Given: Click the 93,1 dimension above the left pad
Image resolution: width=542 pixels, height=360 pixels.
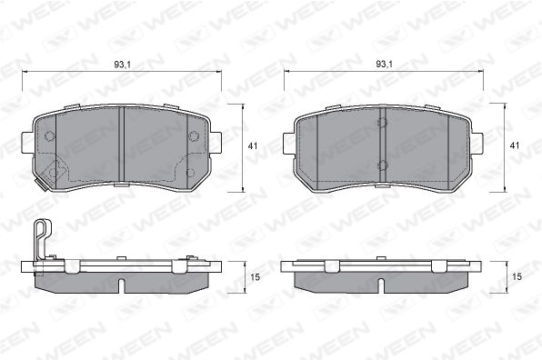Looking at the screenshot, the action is [123, 65].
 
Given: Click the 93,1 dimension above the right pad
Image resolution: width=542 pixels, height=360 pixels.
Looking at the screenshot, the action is [385, 64].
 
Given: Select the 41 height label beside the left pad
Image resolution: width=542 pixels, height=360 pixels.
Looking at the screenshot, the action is [253, 145].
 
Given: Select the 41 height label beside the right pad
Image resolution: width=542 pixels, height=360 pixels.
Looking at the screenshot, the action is [515, 145].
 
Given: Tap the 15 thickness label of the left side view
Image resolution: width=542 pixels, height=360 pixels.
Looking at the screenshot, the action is [255, 277].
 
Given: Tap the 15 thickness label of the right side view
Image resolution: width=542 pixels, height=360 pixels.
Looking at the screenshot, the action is [517, 276].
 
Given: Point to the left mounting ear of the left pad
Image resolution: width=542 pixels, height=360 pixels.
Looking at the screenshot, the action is [27, 143].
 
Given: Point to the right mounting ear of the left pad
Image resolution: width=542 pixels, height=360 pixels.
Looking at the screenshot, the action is [216, 143].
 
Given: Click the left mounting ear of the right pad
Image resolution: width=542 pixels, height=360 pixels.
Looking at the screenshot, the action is [289, 144].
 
